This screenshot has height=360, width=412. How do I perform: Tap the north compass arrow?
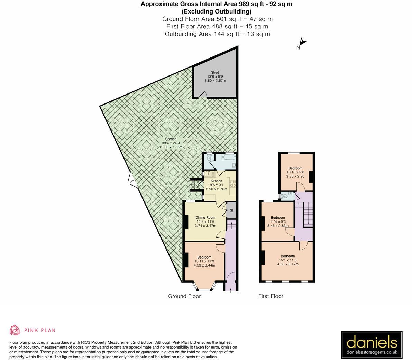(302, 42)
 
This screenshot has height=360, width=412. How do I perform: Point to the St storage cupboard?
(231, 210)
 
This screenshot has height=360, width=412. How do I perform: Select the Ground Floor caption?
(184, 296)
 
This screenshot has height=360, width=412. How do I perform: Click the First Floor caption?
(271, 296)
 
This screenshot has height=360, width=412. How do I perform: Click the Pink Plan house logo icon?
(15, 330)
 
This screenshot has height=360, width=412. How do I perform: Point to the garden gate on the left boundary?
(132, 180)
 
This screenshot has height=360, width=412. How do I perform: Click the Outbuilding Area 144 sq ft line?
(217, 34)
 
